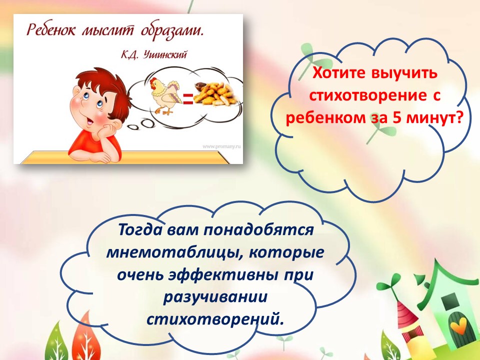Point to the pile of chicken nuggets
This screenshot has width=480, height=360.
pos(216,93)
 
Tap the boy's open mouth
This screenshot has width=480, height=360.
pos(89,121)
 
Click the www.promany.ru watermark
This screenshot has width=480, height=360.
pos(221,146)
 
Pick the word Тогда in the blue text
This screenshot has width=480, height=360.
pos(140,229)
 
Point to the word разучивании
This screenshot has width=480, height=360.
pos(215,297)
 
